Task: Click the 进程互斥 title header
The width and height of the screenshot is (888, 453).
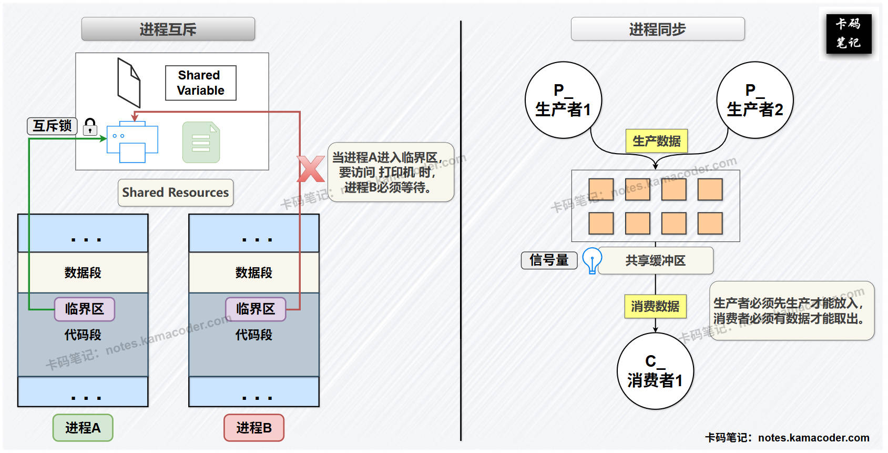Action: [x=168, y=29]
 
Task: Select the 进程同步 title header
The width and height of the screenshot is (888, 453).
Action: [x=657, y=29]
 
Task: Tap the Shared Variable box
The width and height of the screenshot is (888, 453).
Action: [x=200, y=83]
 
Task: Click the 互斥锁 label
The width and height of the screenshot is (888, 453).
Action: [x=52, y=126]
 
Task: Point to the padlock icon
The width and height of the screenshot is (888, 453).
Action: [x=90, y=126]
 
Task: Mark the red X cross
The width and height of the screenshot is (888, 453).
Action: [x=311, y=169]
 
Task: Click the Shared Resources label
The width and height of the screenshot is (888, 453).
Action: [x=175, y=193]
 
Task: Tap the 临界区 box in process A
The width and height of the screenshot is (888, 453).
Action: [x=84, y=309]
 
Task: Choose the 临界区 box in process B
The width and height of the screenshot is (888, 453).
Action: [x=256, y=309]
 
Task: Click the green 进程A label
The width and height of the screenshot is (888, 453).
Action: [x=83, y=428]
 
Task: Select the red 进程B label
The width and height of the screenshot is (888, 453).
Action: [x=254, y=428]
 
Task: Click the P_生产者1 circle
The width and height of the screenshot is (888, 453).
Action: [x=563, y=100]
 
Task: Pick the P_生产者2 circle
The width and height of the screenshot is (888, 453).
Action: [x=754, y=100]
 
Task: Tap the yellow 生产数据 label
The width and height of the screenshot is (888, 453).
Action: [x=656, y=141]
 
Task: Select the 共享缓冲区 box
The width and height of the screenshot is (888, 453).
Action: [x=655, y=260]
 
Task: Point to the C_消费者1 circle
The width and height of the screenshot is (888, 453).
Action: [x=655, y=371]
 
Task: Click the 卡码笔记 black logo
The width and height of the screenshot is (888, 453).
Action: [x=848, y=33]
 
